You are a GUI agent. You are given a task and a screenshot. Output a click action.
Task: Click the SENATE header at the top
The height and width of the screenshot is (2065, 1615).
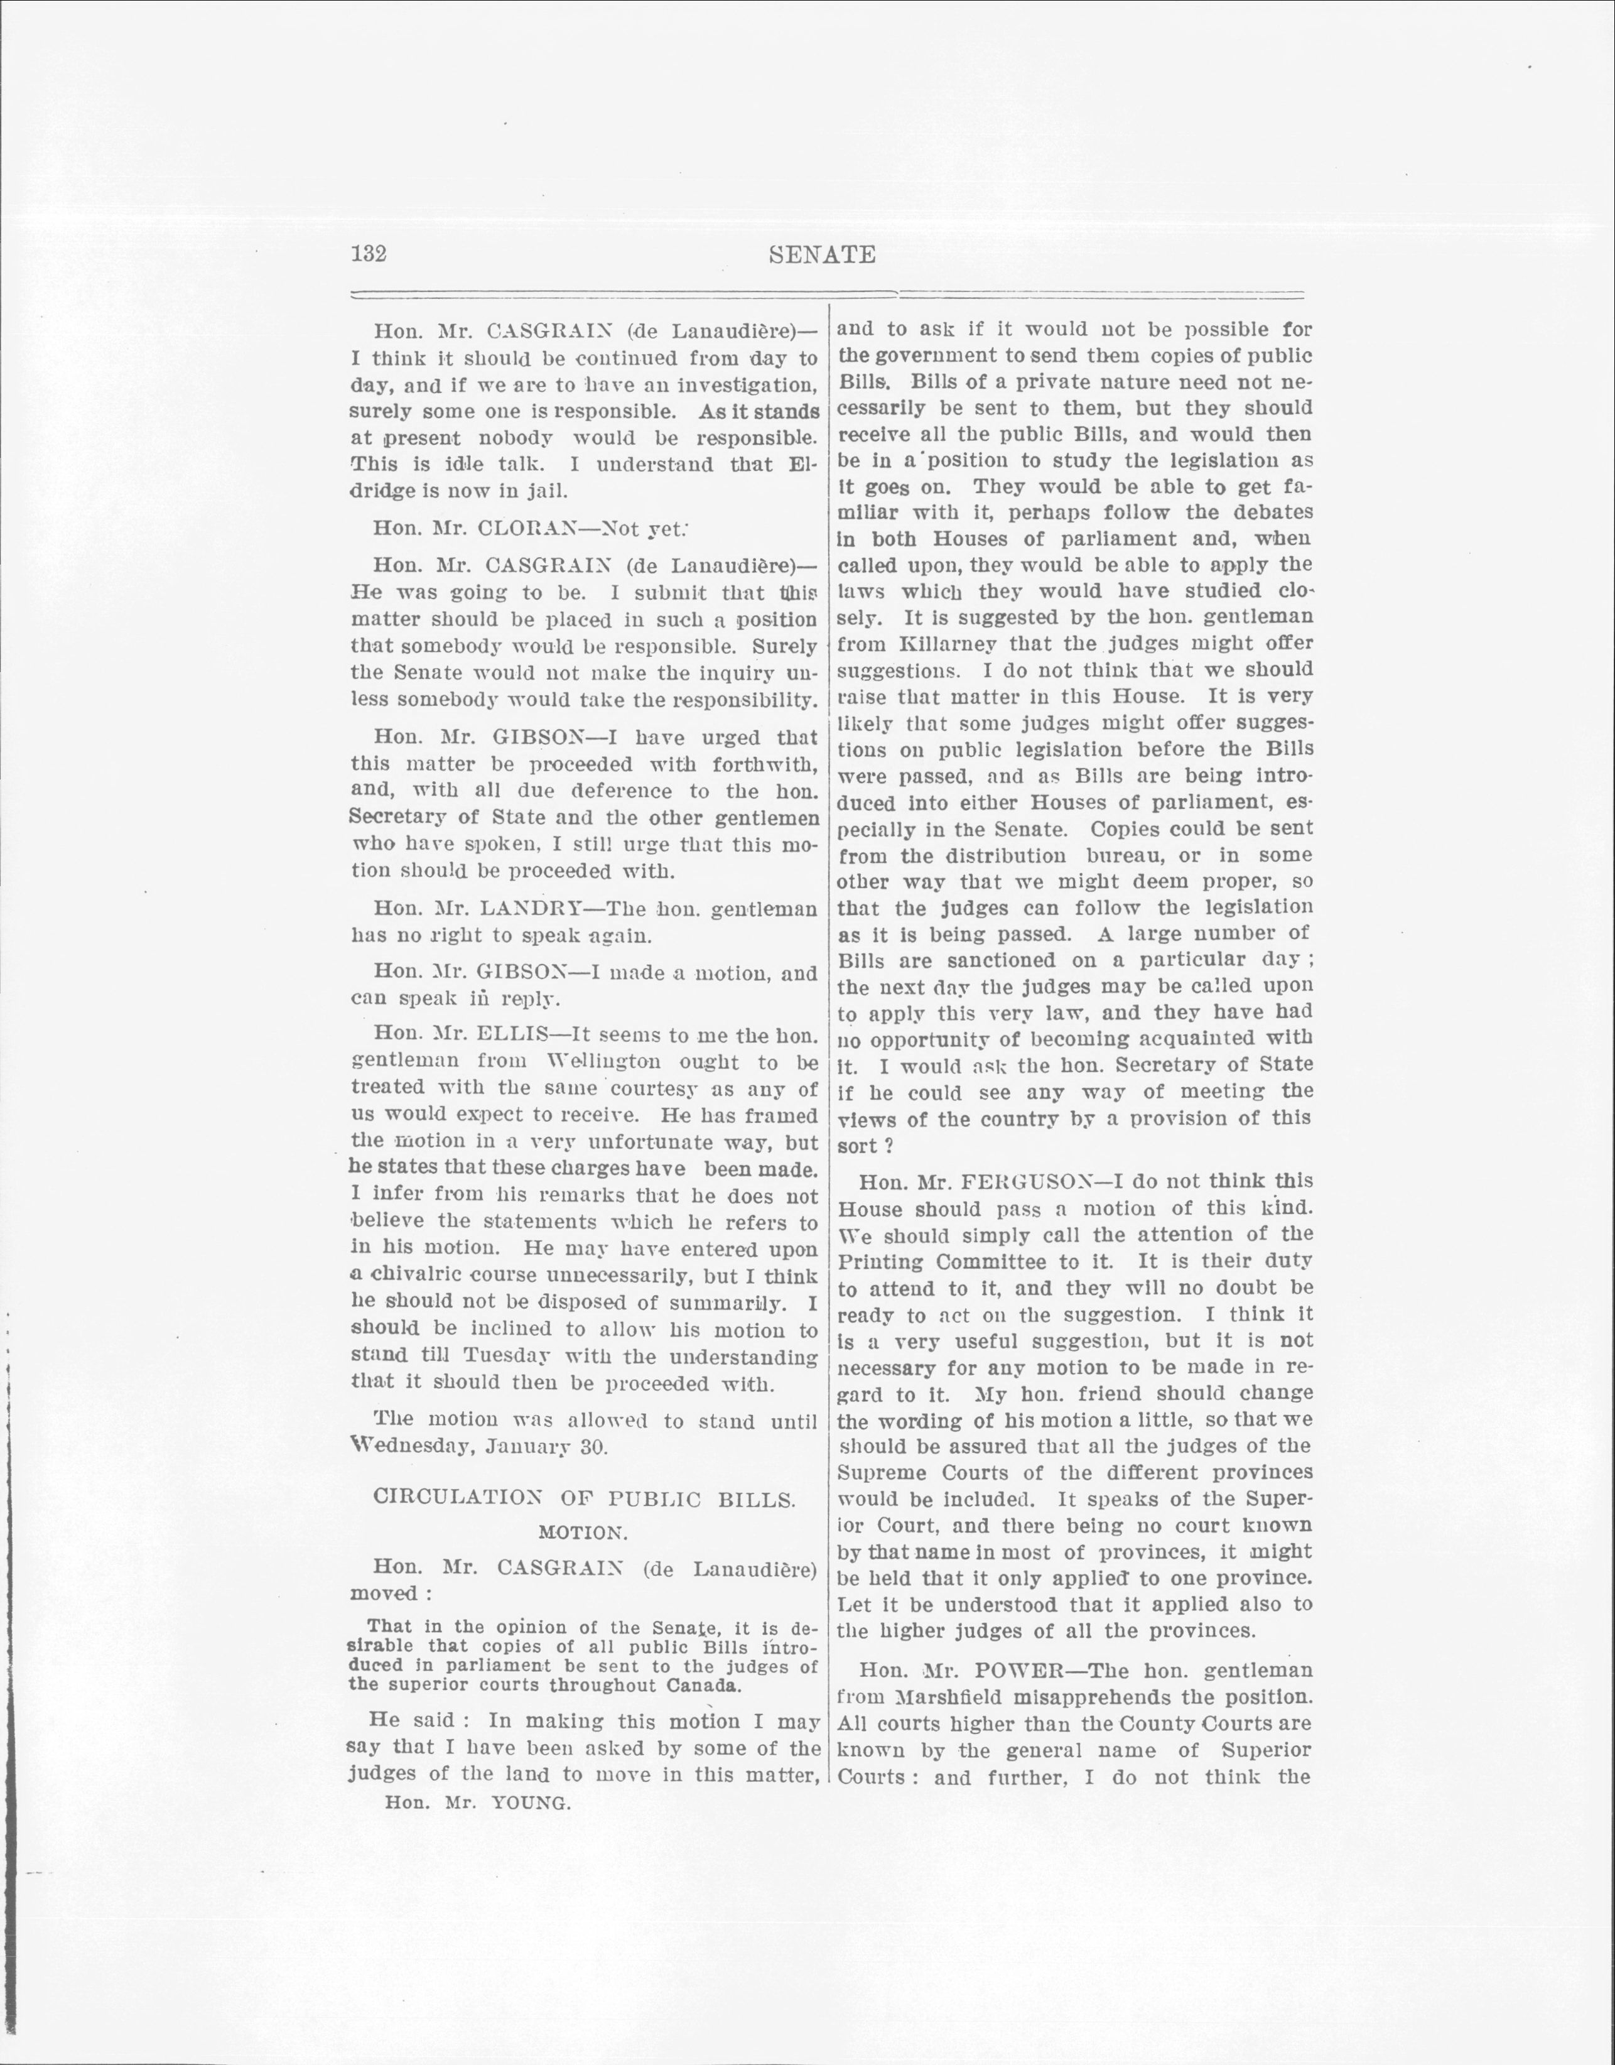pyautogui.click(x=822, y=254)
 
